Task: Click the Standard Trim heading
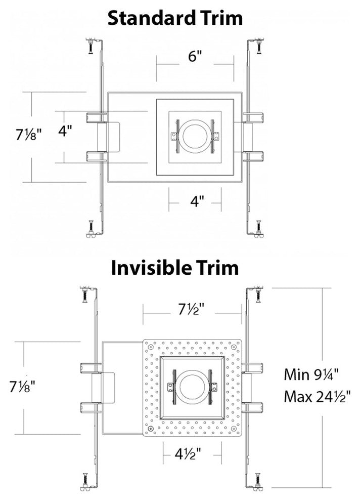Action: [x=176, y=18]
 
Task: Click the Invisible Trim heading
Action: [x=174, y=267]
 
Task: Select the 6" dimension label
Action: [x=195, y=57]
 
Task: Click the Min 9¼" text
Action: [x=310, y=374]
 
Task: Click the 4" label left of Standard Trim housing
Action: [x=65, y=132]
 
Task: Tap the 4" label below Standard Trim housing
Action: [x=196, y=201]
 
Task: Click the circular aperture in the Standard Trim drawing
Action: [x=195, y=136]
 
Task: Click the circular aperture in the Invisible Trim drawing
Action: [x=193, y=388]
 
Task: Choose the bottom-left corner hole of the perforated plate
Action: [x=150, y=430]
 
